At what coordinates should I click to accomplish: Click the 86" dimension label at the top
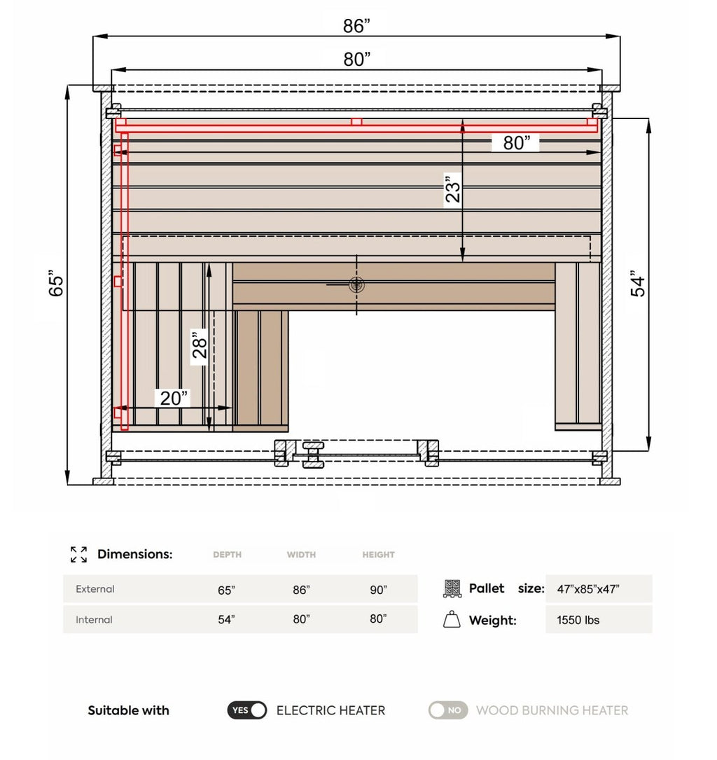pyautogui.click(x=356, y=26)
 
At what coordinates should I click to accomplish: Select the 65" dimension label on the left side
pyautogui.click(x=57, y=284)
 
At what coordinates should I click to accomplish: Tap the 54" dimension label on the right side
pyautogui.click(x=638, y=284)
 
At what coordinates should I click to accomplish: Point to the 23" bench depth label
pyautogui.click(x=454, y=188)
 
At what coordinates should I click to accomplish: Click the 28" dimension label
pyautogui.click(x=200, y=344)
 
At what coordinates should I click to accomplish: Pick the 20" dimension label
pyautogui.click(x=174, y=398)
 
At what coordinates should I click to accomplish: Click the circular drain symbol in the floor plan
pyautogui.click(x=357, y=284)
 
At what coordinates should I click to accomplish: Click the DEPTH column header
pyautogui.click(x=227, y=555)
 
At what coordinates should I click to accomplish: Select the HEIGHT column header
pyautogui.click(x=378, y=555)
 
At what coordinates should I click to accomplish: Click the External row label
pyautogui.click(x=95, y=589)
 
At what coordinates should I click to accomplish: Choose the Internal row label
pyautogui.click(x=94, y=619)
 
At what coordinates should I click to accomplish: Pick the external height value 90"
pyautogui.click(x=378, y=590)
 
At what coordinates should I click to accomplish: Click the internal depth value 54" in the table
pyautogui.click(x=226, y=619)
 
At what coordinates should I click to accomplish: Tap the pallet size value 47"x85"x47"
pyautogui.click(x=587, y=589)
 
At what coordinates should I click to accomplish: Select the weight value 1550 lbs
pyautogui.click(x=578, y=620)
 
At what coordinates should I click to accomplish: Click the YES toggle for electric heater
pyautogui.click(x=247, y=710)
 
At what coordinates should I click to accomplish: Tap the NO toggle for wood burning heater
pyautogui.click(x=448, y=710)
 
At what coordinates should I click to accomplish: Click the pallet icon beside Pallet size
pyautogui.click(x=452, y=588)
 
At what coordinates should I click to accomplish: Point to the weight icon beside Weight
pyautogui.click(x=452, y=620)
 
